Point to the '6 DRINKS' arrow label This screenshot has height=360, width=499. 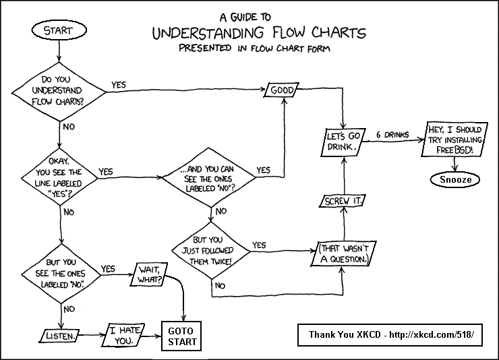[392, 133]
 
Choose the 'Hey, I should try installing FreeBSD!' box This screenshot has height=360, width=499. [452, 140]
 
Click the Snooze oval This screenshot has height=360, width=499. [451, 180]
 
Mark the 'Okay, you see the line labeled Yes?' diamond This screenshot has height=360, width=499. [59, 179]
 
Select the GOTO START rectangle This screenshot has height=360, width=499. [183, 336]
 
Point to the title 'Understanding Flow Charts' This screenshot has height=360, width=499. [258, 33]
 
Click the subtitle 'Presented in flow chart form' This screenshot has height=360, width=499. [258, 49]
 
